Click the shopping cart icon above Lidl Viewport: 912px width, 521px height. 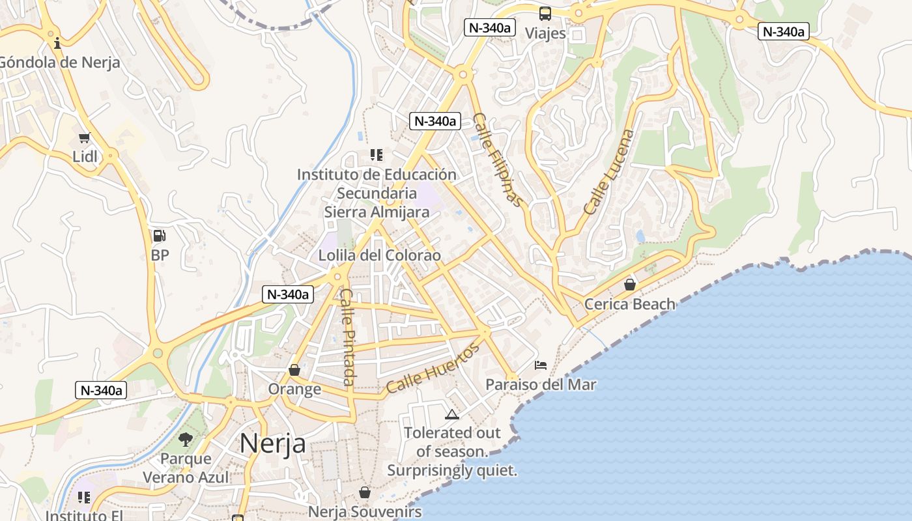pos(84,137)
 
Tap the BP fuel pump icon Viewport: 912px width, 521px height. pos(160,236)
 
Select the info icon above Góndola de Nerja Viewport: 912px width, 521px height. pos(58,43)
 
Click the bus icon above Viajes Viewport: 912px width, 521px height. pos(545,14)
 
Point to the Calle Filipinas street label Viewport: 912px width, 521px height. pos(498,160)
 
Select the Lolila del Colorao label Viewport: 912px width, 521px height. pos(379,255)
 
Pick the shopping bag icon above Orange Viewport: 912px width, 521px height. pos(294,370)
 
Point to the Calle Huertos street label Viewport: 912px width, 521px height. pos(432,369)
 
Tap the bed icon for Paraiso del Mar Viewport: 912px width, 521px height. pos(541,365)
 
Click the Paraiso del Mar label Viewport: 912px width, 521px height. pos(541,384)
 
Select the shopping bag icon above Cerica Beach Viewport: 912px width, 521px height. pos(630,284)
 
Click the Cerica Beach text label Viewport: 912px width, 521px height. pos(630,303)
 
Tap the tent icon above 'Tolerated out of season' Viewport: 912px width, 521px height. pos(451,414)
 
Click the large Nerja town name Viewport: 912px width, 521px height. pos(273,444)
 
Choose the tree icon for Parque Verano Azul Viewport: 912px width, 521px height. pos(186,439)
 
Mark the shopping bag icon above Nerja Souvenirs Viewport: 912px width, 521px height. pos(365,492)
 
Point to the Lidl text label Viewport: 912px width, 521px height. pos(85,156)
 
